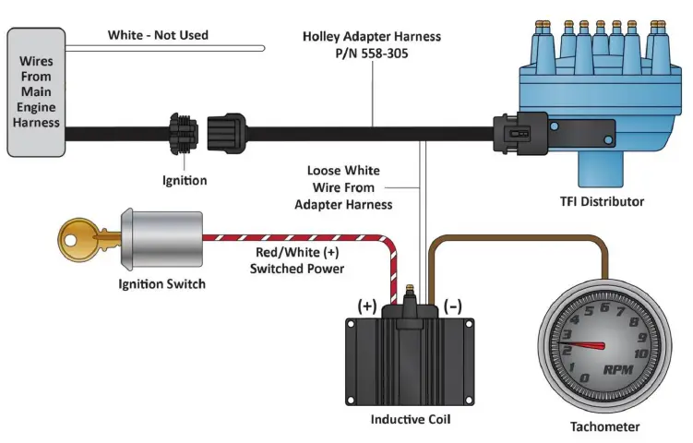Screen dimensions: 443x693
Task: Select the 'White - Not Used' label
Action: [x=158, y=35]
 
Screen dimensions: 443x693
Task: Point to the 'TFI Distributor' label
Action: [x=602, y=201]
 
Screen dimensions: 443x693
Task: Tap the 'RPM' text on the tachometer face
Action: [x=618, y=370]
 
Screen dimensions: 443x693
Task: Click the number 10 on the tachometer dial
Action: [x=639, y=353]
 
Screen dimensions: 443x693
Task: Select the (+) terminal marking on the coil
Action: [x=367, y=305]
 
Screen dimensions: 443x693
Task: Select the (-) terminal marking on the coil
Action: [x=453, y=305]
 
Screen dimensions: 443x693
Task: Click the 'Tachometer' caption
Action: [x=603, y=426]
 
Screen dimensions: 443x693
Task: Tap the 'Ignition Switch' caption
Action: [x=161, y=283]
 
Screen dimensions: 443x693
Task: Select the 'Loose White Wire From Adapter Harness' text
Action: [x=344, y=187]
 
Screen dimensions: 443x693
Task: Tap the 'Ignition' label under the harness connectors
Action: [x=185, y=181]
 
